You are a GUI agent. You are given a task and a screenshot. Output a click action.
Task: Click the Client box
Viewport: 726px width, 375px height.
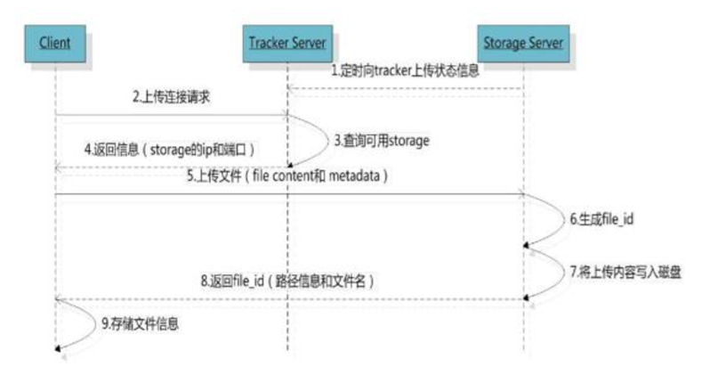54,41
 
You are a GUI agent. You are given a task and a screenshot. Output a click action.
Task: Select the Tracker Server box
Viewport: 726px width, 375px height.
287,41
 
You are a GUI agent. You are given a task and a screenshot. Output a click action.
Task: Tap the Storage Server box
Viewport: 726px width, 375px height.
521,41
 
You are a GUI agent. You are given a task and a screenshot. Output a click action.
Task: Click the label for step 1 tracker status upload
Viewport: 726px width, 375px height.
406,70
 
